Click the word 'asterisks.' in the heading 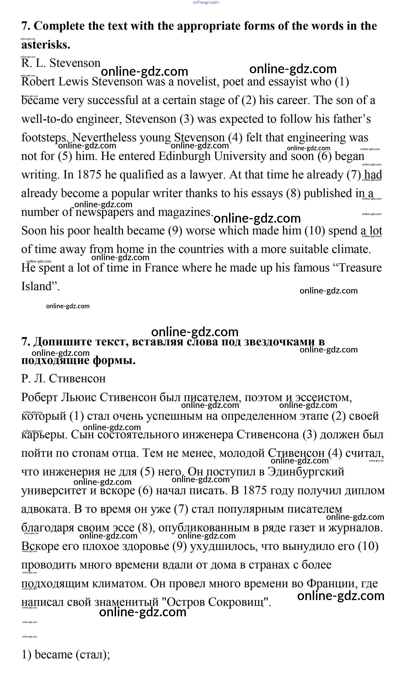[x=46, y=45]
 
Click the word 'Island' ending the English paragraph [x=37, y=286]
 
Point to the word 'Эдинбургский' [x=306, y=472]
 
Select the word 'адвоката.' [x=46, y=509]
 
